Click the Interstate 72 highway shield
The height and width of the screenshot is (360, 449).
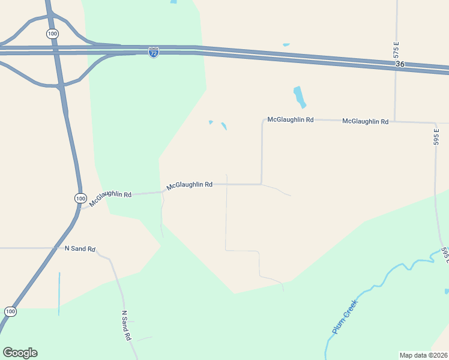[154, 53]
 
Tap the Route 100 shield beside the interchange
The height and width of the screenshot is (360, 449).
[53, 34]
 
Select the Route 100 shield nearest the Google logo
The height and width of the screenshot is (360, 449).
[10, 311]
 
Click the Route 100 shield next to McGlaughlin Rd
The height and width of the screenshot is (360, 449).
[80, 198]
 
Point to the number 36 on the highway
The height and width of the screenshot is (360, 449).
[401, 64]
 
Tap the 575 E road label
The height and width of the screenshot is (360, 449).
[396, 50]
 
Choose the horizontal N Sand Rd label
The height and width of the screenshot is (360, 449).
[80, 248]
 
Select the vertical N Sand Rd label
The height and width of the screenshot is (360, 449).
[126, 326]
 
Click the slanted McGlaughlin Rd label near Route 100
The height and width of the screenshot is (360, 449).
[110, 199]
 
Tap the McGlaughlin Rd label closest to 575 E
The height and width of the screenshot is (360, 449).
[365, 121]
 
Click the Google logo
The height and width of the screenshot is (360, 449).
[20, 353]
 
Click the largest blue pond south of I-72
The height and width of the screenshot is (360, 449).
[300, 97]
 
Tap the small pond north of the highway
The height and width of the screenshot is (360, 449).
[286, 44]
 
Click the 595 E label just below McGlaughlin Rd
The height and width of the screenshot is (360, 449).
[437, 137]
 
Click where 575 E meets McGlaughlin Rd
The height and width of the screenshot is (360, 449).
[394, 121]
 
